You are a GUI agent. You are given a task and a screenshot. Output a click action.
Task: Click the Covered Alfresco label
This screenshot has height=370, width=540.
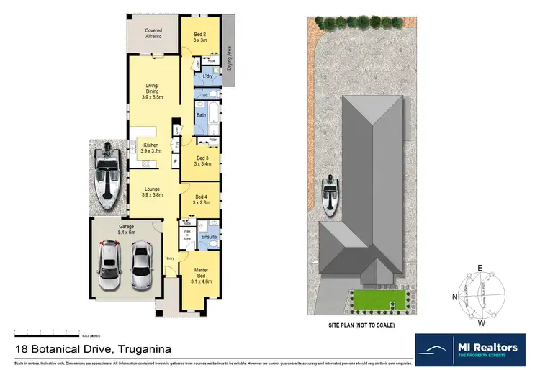153,33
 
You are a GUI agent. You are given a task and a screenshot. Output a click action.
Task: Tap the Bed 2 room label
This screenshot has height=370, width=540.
200,37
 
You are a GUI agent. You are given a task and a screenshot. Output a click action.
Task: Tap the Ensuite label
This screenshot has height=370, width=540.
209,236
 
